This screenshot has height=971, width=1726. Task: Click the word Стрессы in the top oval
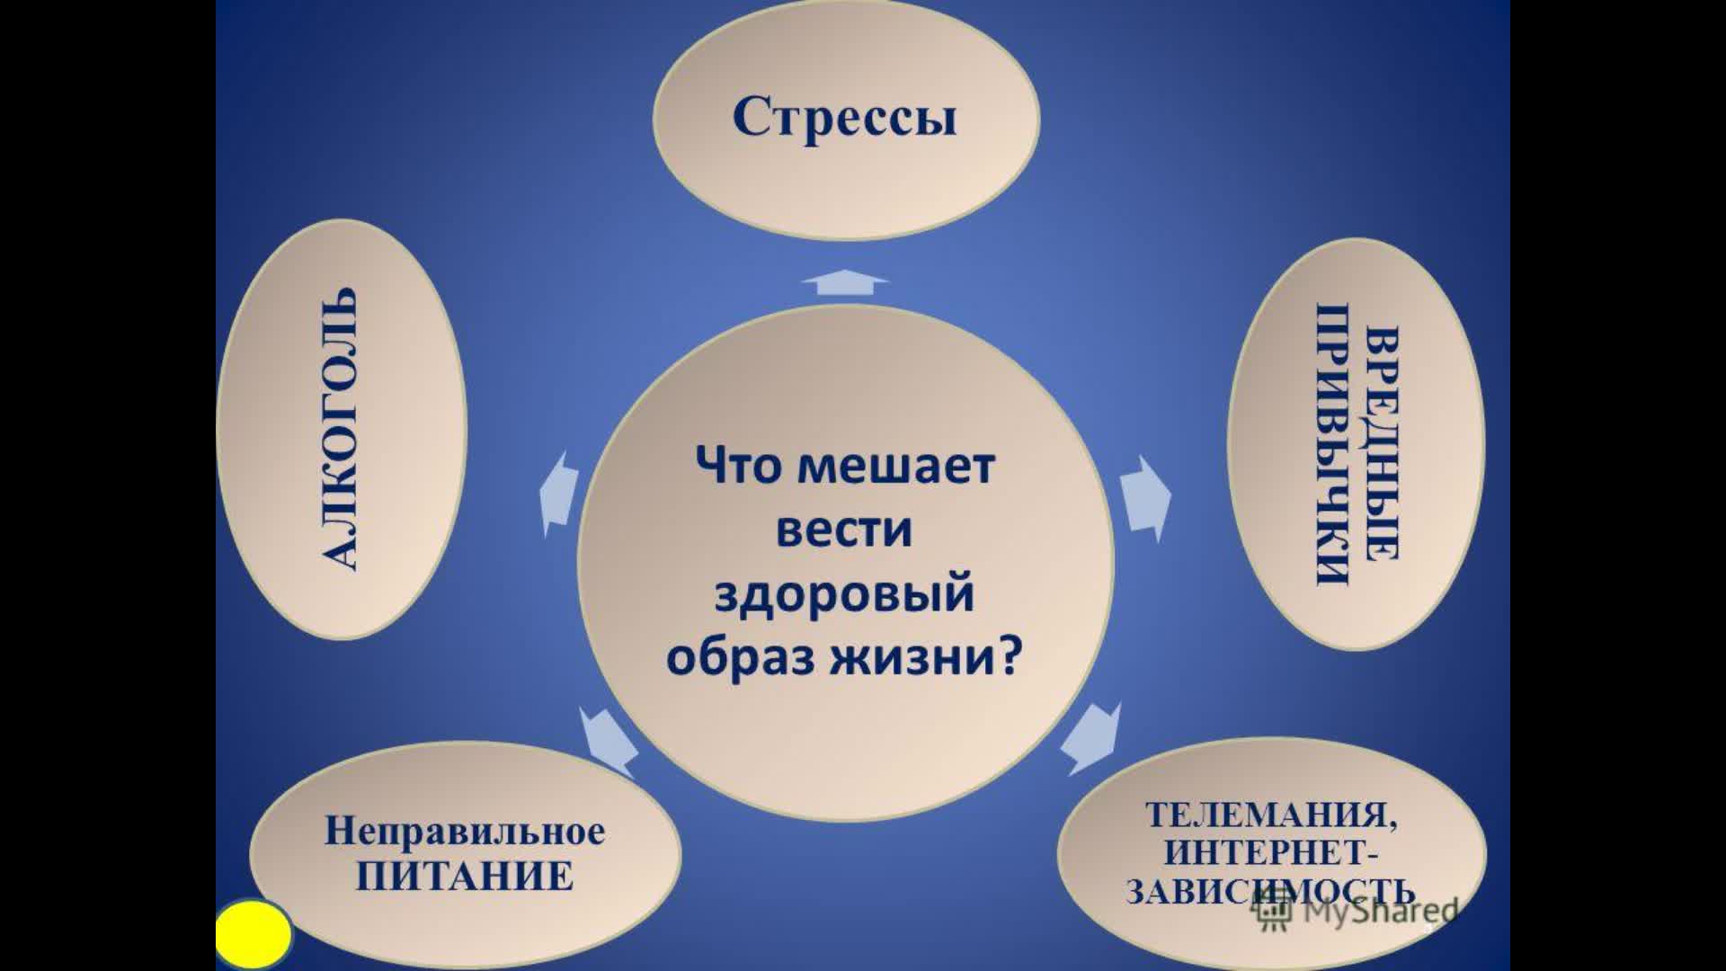pyautogui.click(x=845, y=118)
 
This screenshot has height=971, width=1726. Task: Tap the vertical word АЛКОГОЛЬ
pyautogui.click(x=339, y=429)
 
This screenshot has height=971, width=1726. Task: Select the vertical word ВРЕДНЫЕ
pyautogui.click(x=1381, y=446)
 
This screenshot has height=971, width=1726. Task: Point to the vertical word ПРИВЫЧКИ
pyautogui.click(x=1333, y=446)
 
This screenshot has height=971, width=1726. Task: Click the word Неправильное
pyautogui.click(x=465, y=831)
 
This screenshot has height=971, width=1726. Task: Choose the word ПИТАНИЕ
pyautogui.click(x=465, y=876)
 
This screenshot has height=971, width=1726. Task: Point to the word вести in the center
pyautogui.click(x=844, y=530)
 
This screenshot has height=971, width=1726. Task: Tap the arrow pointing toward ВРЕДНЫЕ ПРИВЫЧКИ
pyautogui.click(x=1146, y=498)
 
